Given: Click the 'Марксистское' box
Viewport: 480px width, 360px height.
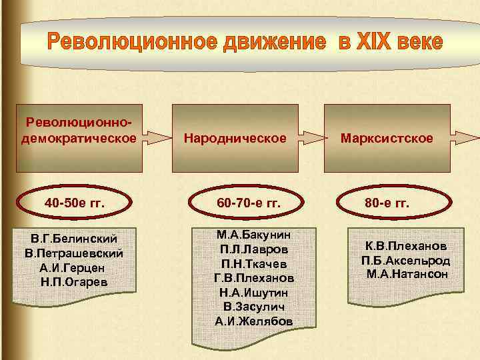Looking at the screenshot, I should tap(387, 138).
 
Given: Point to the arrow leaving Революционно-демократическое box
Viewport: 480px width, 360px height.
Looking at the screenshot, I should tap(158, 138).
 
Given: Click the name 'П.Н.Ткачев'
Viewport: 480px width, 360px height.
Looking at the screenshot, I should tap(254, 263).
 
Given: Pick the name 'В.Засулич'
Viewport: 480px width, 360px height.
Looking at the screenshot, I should tap(254, 307).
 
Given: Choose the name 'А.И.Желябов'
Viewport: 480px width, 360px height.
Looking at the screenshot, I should tap(254, 321).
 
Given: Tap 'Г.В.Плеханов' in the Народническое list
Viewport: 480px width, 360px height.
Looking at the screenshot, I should tap(254, 277).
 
